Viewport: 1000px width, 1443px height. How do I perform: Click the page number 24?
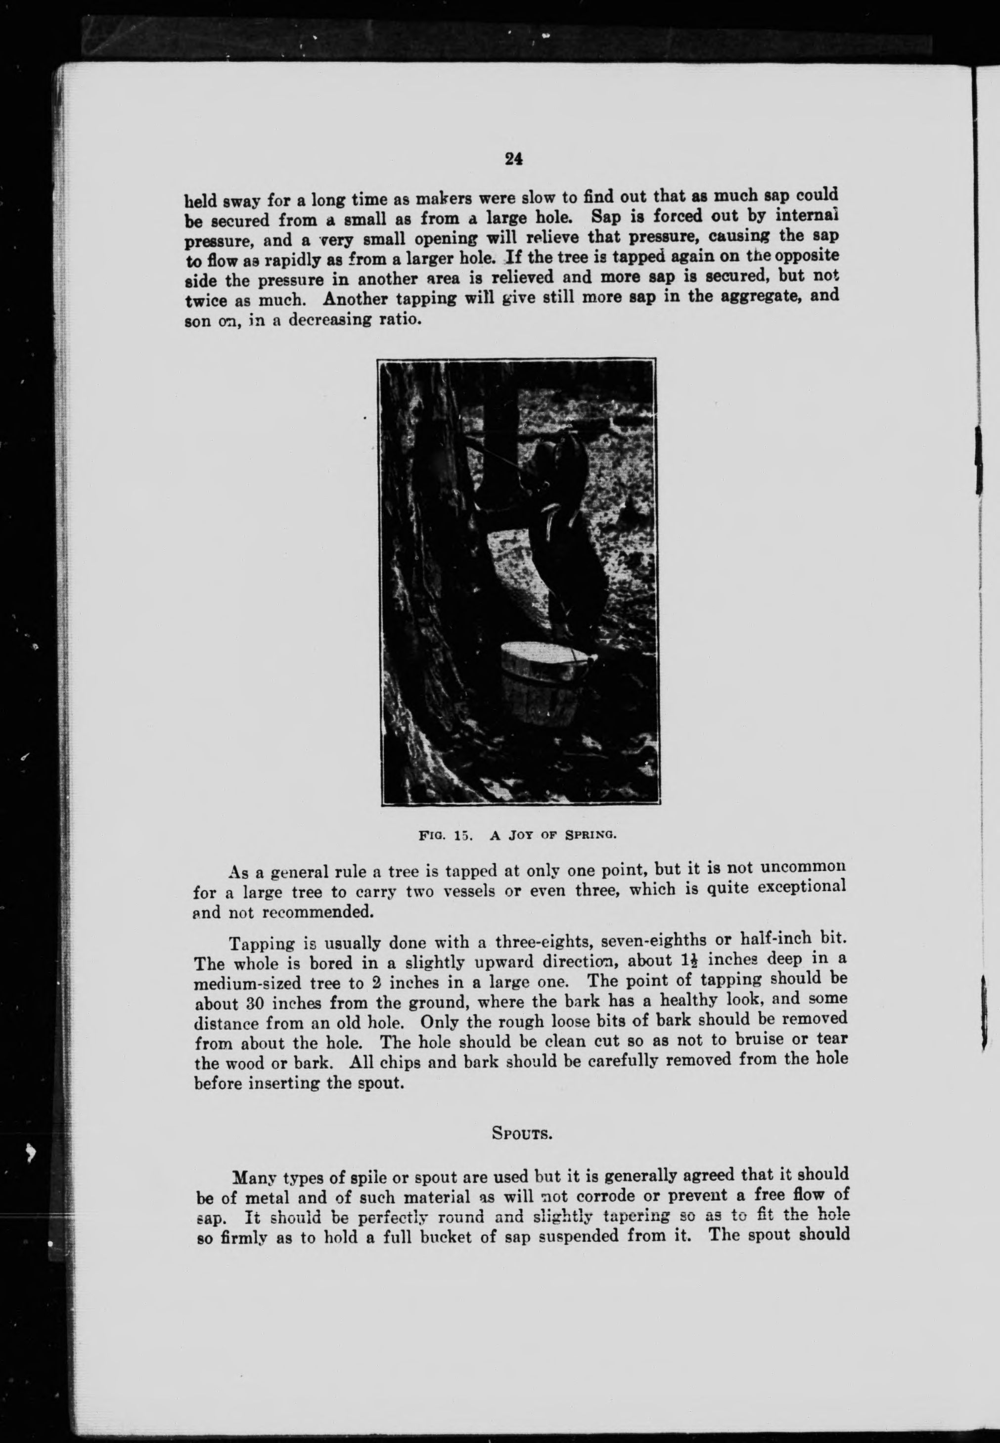click(x=513, y=159)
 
